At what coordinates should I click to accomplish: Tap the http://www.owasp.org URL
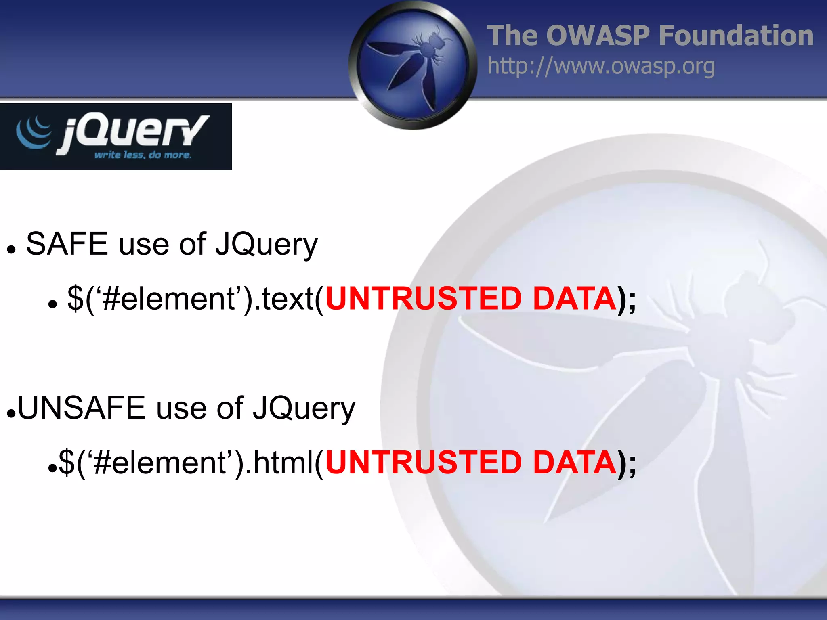click(601, 66)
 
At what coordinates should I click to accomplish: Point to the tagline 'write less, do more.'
click(143, 155)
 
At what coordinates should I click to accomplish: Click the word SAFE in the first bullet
click(67, 244)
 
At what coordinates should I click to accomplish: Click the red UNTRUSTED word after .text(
click(424, 299)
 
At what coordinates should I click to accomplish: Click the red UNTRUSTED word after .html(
click(424, 463)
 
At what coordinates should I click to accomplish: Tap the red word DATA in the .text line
click(574, 299)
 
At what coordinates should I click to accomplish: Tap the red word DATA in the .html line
click(574, 463)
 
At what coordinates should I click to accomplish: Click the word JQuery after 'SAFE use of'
click(267, 245)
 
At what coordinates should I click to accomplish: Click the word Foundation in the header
click(736, 36)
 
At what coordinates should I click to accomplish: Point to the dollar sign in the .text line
click(76, 299)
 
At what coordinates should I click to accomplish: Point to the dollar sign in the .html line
click(67, 463)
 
